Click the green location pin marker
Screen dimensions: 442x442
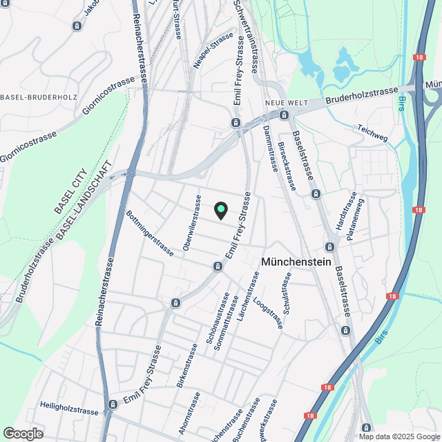pos(220,210)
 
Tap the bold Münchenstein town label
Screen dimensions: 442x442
pos(297,262)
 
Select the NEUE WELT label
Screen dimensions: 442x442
pos(280,104)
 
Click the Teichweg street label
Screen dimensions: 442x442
pos(373,133)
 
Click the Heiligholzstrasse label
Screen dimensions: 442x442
pos(69,410)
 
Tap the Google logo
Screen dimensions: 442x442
pos(22,433)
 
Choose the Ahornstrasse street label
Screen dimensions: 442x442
pos(189,412)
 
